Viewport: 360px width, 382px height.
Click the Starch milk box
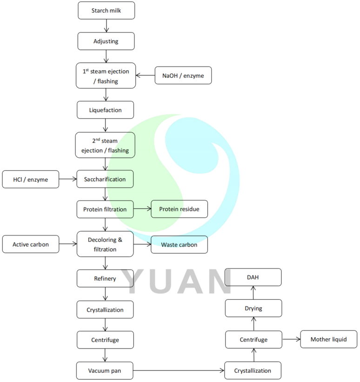pos(106,10)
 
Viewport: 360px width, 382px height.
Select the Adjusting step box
pos(106,41)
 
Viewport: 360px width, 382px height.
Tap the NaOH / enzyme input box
pos(183,75)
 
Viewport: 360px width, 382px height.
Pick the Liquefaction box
pos(106,110)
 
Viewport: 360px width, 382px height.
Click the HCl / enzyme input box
pos(31,179)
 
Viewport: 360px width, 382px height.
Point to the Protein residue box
pos(179,209)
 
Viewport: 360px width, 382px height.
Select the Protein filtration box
pos(105,209)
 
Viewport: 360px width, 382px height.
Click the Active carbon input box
pos(31,244)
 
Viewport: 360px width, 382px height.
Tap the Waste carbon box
pos(179,244)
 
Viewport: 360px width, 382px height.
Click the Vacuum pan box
pos(105,370)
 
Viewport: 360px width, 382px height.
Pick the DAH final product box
pos(253,277)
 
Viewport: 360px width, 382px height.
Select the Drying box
pos(253,308)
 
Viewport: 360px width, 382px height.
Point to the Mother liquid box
pos(329,339)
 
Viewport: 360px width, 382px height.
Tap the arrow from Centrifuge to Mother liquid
pos(291,339)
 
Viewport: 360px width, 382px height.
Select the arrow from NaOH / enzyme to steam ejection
pos(145,75)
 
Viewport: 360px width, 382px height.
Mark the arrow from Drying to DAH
pos(253,292)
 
